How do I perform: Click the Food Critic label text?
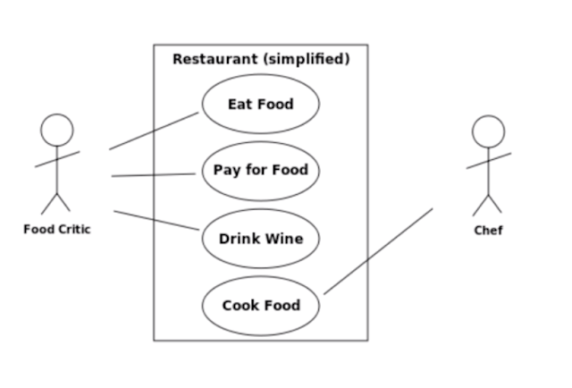click(57, 229)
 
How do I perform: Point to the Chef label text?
click(488, 231)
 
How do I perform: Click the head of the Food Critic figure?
click(56, 130)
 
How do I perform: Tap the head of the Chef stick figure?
click(488, 131)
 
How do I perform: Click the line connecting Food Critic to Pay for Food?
click(154, 174)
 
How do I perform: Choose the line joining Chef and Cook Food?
click(378, 251)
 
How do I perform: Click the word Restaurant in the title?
click(214, 59)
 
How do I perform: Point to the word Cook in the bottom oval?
click(240, 306)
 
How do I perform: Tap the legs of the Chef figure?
click(488, 203)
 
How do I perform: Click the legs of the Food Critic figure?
click(56, 202)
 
